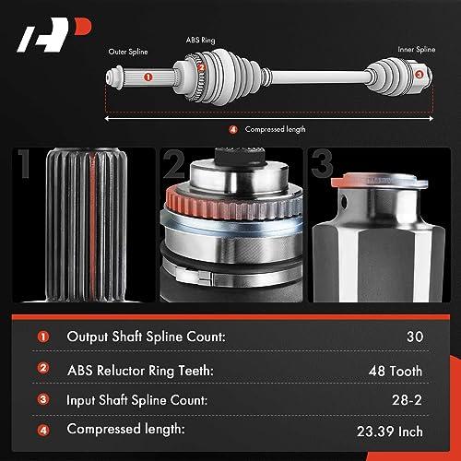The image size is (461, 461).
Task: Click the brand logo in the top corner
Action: (53, 34)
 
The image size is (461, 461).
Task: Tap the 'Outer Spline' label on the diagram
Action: (128, 52)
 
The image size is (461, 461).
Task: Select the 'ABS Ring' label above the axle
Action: (201, 40)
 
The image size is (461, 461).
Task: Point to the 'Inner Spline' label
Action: (417, 49)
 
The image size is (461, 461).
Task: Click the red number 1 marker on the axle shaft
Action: (148, 77)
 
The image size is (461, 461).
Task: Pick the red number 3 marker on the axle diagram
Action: (420, 74)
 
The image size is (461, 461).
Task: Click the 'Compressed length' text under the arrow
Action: (276, 129)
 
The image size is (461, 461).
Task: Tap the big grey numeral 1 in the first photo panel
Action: (24, 163)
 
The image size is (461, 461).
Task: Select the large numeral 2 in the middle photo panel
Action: (173, 163)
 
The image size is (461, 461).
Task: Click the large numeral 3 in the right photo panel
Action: (322, 163)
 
